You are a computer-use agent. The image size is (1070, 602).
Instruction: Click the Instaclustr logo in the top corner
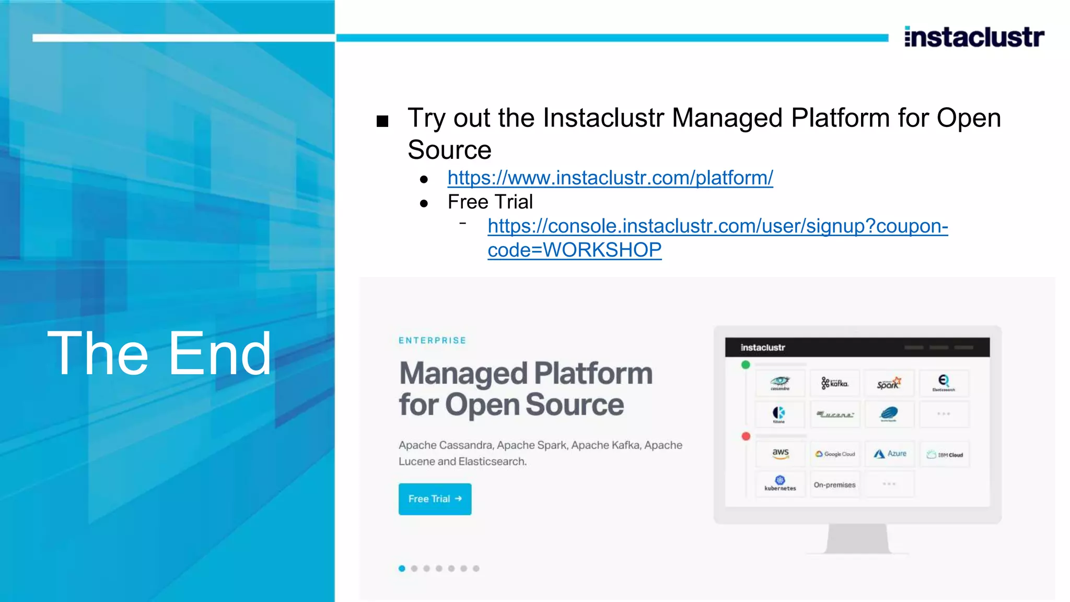point(974,37)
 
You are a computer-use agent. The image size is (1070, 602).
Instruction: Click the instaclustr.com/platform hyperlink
point(610,178)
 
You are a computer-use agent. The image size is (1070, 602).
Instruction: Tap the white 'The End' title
point(159,354)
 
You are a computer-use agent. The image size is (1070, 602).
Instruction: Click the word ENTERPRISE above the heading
point(432,341)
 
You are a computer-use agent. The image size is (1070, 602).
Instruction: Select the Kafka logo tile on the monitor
point(834,384)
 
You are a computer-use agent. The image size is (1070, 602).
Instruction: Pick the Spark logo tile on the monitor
point(889,384)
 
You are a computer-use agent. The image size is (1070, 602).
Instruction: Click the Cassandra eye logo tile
point(780,384)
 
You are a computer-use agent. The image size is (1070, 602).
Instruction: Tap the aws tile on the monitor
point(780,453)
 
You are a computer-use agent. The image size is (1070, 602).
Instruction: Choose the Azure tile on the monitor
point(890,454)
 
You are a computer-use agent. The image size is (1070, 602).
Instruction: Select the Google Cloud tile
point(835,454)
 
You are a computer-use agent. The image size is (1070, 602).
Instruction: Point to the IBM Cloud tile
point(945,454)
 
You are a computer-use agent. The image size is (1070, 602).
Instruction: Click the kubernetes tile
point(780,484)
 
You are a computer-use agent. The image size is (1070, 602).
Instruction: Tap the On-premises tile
point(834,485)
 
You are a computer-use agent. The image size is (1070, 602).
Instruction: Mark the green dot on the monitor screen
point(746,365)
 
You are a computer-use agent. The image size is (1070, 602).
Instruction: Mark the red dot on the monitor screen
point(746,436)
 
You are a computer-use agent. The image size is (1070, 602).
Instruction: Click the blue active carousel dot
point(402,569)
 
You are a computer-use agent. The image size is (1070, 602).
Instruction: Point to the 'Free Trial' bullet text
point(490,202)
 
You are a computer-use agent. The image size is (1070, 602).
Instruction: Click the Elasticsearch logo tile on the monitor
point(944,384)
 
